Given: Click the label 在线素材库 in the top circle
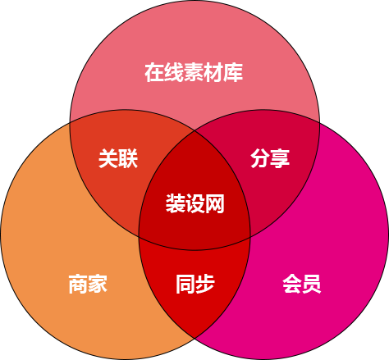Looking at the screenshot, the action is click(x=194, y=73).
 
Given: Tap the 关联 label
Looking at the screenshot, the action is click(x=118, y=158).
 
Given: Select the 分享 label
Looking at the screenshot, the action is click(x=270, y=158).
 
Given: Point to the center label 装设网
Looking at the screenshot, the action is click(x=194, y=203).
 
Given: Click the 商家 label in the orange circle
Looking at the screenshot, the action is click(x=88, y=285).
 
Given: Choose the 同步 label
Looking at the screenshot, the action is click(x=194, y=285).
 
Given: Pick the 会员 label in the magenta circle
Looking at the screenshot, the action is click(x=301, y=285).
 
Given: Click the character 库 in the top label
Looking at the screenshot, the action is click(x=233, y=73).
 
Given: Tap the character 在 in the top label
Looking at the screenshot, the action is click(x=154, y=73).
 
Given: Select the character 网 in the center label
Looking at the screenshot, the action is click(x=215, y=203).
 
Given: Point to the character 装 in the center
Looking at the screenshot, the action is click(x=175, y=203).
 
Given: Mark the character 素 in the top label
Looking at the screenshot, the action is click(x=194, y=73).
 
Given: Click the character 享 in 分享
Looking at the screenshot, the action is click(x=280, y=158).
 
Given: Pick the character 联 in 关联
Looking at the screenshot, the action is click(x=128, y=158).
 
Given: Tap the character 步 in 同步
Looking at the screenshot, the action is click(x=205, y=285).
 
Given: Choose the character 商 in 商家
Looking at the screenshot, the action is click(x=78, y=285).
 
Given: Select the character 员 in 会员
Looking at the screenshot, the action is click(x=312, y=285).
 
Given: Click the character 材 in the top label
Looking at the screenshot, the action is click(x=213, y=73).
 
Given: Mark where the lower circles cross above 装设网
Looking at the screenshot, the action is click(x=194, y=131).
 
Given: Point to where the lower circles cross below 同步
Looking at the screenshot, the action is click(x=194, y=339).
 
